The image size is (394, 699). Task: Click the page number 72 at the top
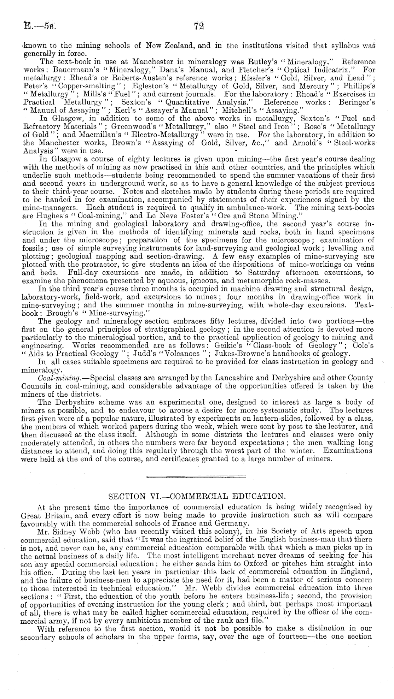[x=197, y=26]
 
